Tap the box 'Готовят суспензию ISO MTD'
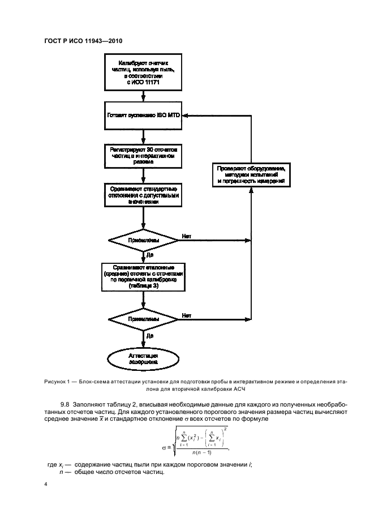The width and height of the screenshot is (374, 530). [x=144, y=114]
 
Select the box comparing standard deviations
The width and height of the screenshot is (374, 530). [x=144, y=194]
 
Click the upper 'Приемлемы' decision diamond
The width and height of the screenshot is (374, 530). [x=144, y=240]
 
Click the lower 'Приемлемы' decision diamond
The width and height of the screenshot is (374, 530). [x=144, y=319]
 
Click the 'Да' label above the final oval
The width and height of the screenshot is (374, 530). [x=150, y=335]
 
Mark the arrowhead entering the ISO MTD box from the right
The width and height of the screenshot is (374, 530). [x=191, y=114]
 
